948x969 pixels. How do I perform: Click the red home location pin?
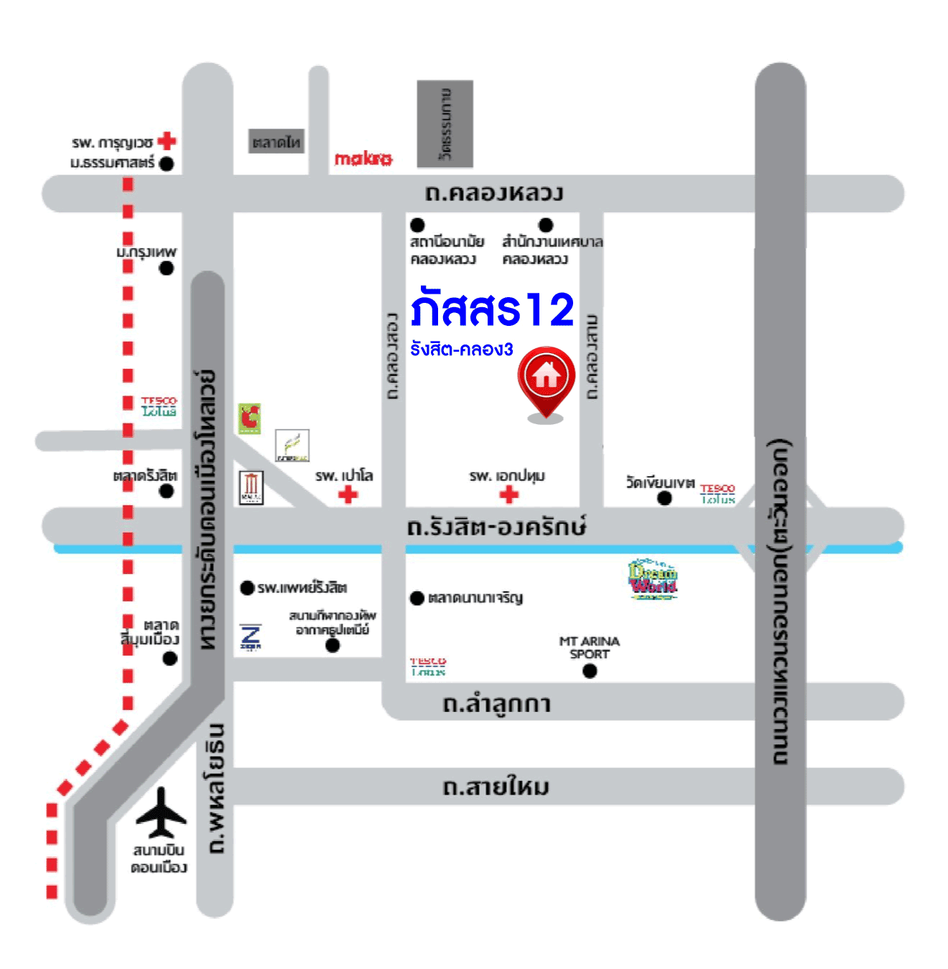coord(546,378)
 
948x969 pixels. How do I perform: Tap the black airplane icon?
coord(161,813)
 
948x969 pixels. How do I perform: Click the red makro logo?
coord(363,158)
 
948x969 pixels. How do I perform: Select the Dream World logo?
coord(653,579)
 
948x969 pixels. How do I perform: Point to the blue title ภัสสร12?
coord(493,309)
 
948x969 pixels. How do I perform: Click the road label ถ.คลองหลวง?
coord(494,193)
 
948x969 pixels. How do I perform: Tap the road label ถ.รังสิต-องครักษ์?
coord(496,528)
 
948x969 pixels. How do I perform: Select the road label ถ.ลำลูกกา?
coord(496,703)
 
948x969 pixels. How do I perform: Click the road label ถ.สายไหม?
coord(496,787)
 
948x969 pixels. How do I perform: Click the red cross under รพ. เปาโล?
coord(348,495)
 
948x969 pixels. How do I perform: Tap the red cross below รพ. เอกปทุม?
coord(509,495)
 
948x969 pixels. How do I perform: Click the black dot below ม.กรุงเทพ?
coord(167,268)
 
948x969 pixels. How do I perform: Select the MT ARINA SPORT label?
coord(589,647)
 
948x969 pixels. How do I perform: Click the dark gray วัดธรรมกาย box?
coord(445,124)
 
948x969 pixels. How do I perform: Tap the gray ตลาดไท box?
coord(276,141)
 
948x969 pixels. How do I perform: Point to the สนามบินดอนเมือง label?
coord(159,858)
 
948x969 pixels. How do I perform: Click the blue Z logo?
coord(251,637)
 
